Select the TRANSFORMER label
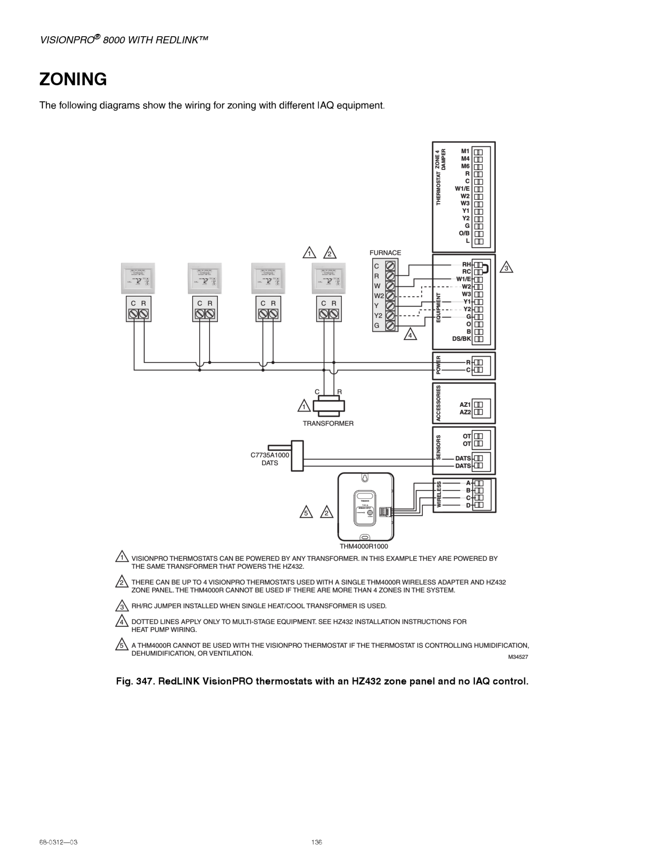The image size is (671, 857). [x=328, y=423]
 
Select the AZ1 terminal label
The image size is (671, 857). [x=465, y=405]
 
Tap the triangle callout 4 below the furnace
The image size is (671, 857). [x=410, y=335]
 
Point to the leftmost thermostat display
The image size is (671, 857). [x=138, y=279]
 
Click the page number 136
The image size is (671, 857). [x=317, y=842]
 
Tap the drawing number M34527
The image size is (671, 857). [x=518, y=657]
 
